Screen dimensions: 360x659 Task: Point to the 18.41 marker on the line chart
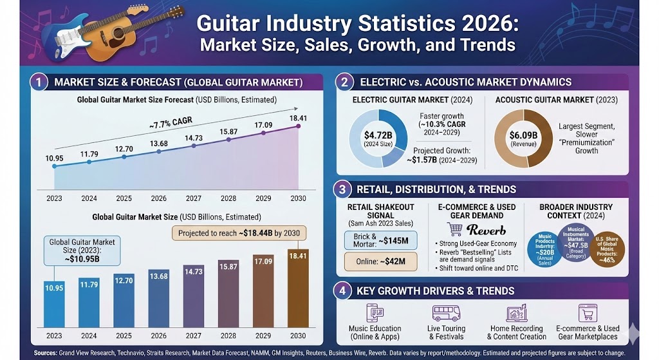[x=298, y=126]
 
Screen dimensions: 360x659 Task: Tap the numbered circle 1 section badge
[x=40, y=82]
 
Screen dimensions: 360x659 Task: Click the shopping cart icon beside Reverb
[x=456, y=229]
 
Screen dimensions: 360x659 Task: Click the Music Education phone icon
[x=375, y=314]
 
